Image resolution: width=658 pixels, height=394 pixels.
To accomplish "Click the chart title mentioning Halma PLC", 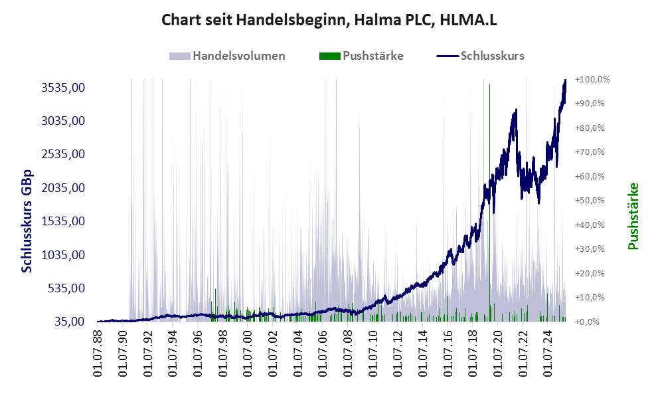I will point(329,21).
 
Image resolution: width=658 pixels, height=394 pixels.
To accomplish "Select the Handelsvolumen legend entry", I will point(238,56).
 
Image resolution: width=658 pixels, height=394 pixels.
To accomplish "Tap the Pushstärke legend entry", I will point(372,56).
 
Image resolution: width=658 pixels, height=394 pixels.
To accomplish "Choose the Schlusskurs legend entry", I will point(492,56).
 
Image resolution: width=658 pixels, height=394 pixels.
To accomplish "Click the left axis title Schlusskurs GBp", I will point(27,221).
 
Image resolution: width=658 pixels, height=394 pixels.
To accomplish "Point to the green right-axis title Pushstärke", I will point(633,216).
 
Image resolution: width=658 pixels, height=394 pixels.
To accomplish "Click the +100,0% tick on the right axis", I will point(593,79).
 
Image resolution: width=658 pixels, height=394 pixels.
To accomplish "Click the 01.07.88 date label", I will point(100,355).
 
